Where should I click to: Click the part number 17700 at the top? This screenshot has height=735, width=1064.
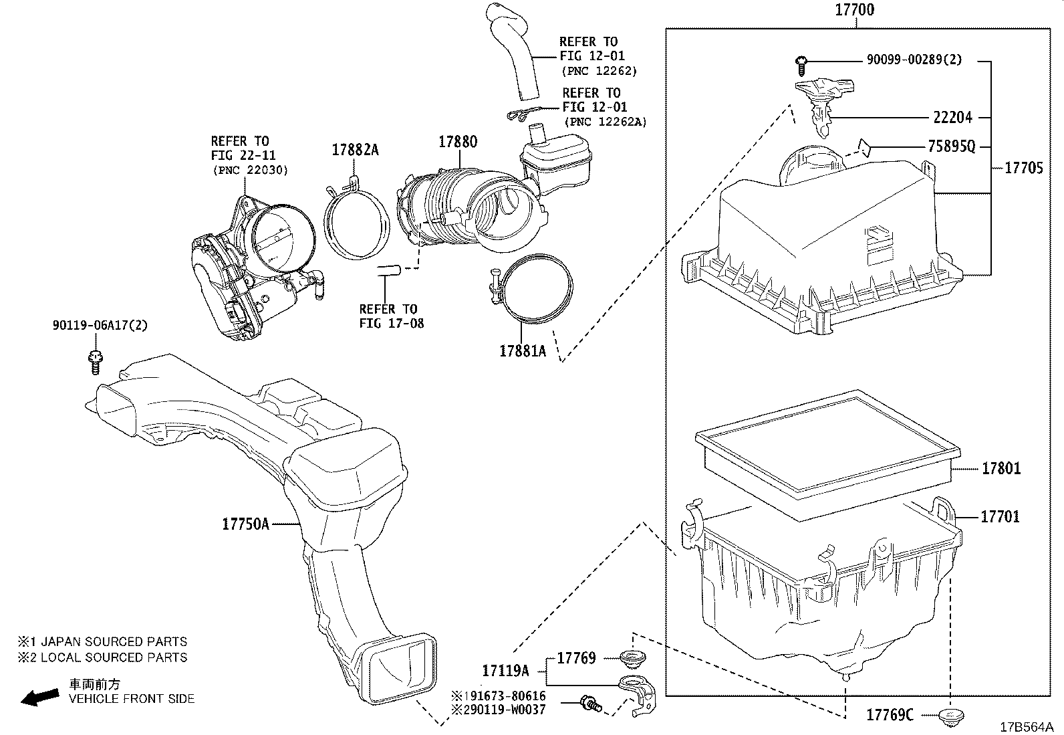point(855,10)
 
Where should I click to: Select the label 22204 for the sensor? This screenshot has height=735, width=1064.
point(952,118)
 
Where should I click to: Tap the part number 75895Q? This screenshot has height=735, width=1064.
point(951,146)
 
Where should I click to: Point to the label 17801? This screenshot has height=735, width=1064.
point(1001,469)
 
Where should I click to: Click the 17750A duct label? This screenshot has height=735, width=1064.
point(245,524)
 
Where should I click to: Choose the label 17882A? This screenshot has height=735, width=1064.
point(355,150)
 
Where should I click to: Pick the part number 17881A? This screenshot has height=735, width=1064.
point(523,351)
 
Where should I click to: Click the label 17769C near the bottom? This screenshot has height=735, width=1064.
point(890,715)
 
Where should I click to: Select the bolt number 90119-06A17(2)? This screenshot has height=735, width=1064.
point(100,326)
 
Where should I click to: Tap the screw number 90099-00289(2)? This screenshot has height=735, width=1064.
point(914,60)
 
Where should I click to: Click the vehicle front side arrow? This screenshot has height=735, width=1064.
point(39,697)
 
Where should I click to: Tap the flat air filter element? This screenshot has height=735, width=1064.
point(828,455)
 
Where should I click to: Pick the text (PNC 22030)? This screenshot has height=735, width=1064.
point(251,171)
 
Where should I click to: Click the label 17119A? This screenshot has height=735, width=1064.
point(505,670)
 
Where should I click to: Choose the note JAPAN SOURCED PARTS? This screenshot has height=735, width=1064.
point(114,642)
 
